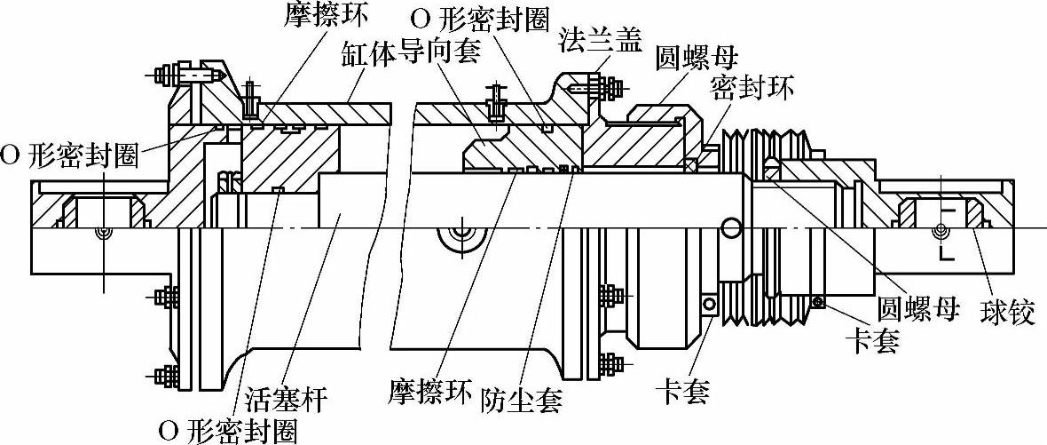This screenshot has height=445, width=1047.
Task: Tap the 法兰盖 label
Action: point(600,40)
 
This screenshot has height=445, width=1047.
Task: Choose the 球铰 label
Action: point(1007,313)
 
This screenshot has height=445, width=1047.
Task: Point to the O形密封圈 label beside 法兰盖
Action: point(481,20)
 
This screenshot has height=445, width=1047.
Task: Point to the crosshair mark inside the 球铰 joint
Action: point(941,233)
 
